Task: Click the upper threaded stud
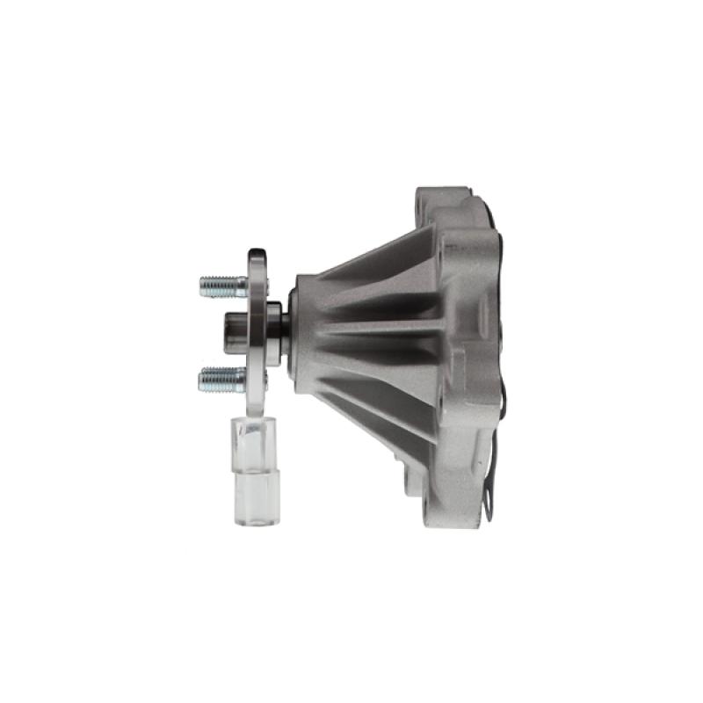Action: click(x=221, y=286)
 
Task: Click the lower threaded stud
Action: click(x=221, y=379)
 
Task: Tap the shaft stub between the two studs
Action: click(x=236, y=332)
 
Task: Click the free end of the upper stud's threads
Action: click(x=202, y=286)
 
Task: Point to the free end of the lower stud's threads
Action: click(x=201, y=379)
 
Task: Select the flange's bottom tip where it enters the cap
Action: click(x=257, y=413)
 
